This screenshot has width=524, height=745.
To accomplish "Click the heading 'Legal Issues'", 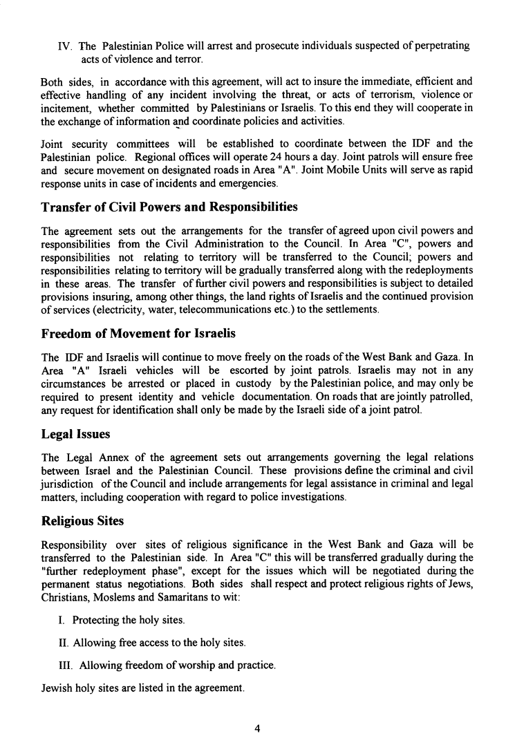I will [74, 435].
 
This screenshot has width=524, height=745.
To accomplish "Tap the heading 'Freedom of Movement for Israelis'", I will [138, 333].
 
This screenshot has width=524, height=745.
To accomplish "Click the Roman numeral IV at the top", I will [65, 46].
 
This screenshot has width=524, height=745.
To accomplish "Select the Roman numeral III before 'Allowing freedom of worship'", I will [66, 666].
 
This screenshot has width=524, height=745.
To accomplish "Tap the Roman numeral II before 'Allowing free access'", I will [64, 643].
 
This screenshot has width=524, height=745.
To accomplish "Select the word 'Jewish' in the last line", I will [57, 688].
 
